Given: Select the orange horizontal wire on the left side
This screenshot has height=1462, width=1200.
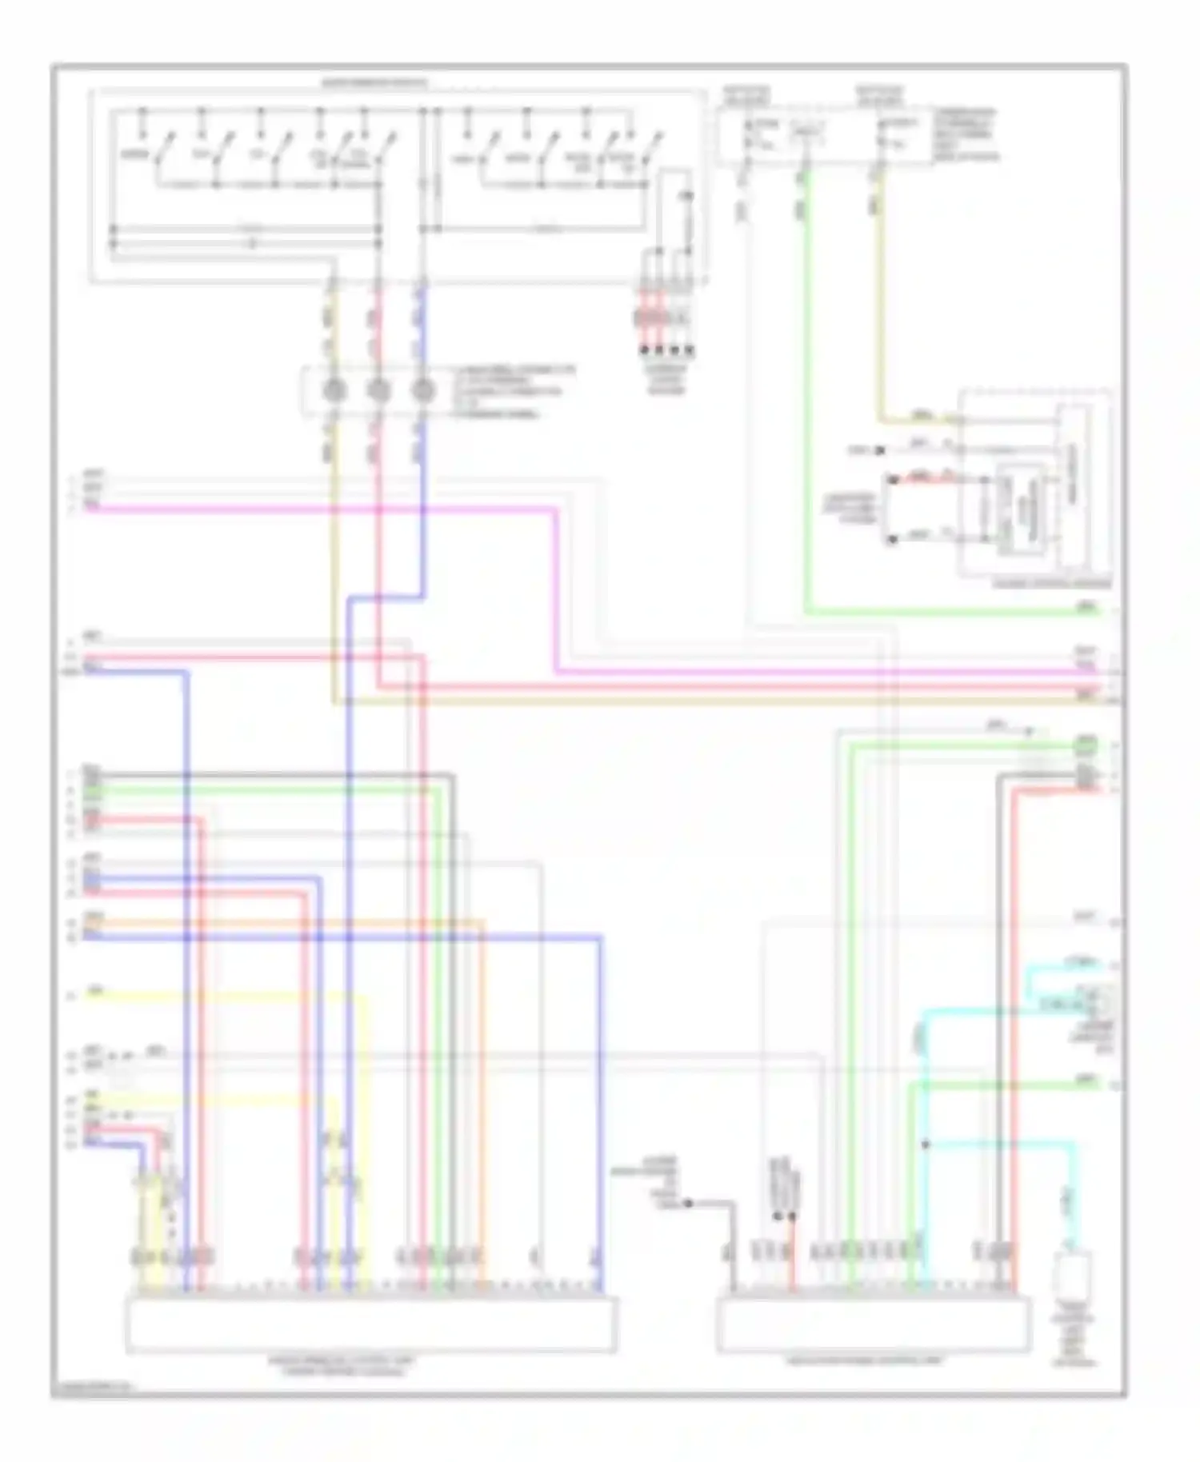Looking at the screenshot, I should [280, 921].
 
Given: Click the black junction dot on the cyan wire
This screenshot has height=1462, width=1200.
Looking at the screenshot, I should [926, 1144].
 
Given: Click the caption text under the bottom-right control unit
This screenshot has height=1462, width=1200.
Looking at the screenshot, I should [872, 1360].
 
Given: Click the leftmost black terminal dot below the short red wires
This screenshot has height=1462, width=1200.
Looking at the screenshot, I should [642, 350].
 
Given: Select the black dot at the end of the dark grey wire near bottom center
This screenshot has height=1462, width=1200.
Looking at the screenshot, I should [688, 1203].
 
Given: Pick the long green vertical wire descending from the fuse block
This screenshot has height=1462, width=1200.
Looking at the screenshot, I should [805, 400].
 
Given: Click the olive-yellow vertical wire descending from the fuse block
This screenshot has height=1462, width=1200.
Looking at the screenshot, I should [880, 304].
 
